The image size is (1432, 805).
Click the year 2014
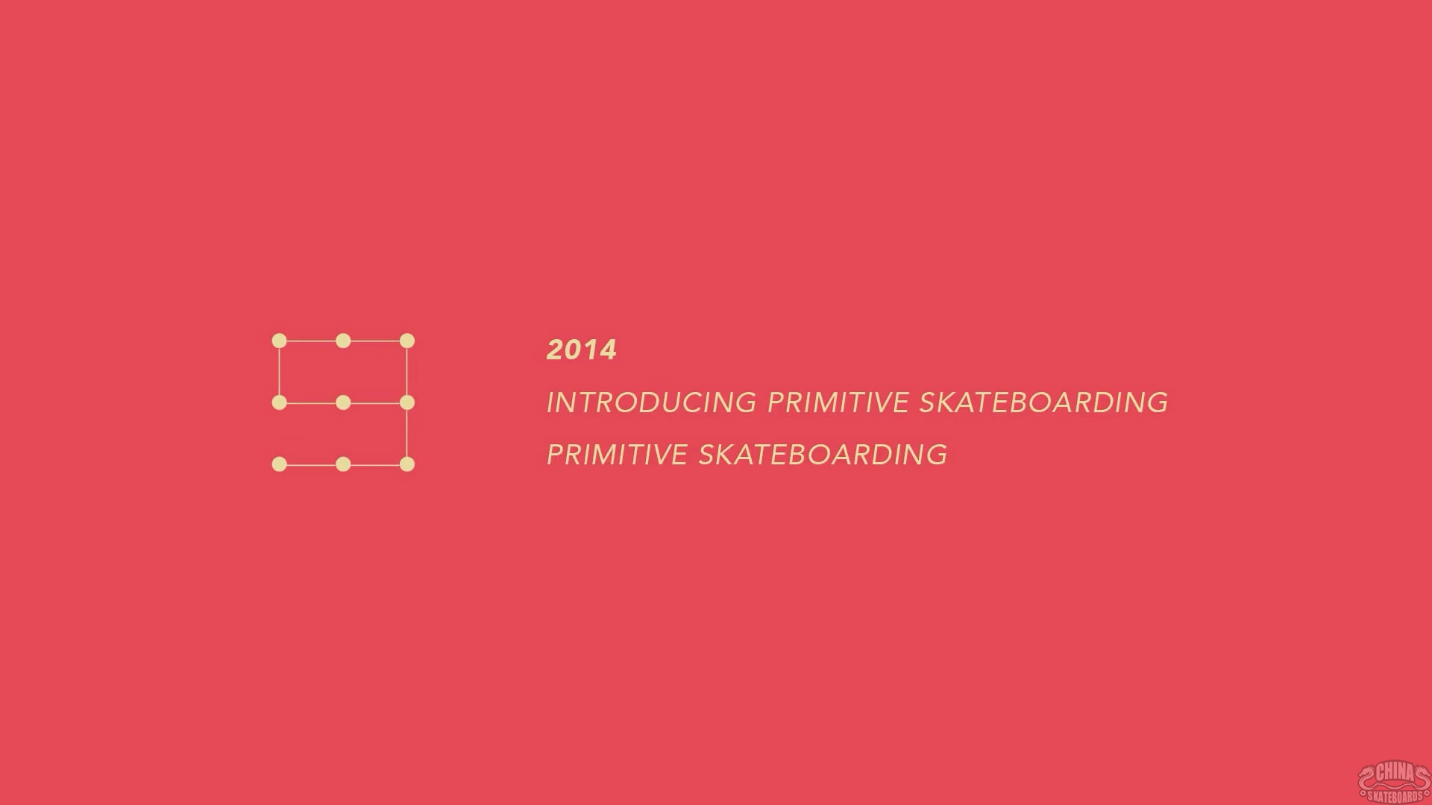click(x=582, y=350)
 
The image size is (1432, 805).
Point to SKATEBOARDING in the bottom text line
click(x=823, y=455)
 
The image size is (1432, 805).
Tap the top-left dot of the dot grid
click(x=280, y=341)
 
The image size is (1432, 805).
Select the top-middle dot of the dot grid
click(x=343, y=341)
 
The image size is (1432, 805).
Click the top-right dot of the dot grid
click(x=407, y=341)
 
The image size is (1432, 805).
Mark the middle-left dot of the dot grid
click(x=280, y=402)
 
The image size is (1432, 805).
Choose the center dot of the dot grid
click(x=343, y=402)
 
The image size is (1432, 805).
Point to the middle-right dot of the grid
click(x=407, y=402)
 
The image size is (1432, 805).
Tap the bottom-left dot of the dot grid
click(x=280, y=464)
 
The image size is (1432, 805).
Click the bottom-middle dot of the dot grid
click(x=343, y=464)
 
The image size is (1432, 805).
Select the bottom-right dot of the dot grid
click(x=407, y=464)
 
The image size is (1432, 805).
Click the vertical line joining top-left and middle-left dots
click(x=280, y=372)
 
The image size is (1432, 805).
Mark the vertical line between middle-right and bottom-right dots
click(x=407, y=434)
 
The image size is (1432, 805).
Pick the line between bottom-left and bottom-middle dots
click(x=312, y=464)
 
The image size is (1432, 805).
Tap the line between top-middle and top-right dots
click(x=375, y=341)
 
